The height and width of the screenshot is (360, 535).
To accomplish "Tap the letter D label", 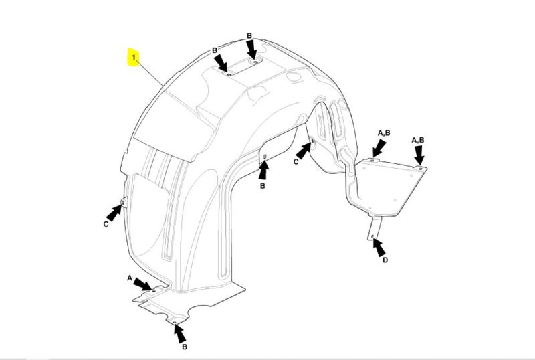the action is coord(385,260).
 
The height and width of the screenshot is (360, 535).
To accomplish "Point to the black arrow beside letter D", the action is coord(379,248).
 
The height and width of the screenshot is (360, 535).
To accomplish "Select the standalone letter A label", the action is coord(130,278).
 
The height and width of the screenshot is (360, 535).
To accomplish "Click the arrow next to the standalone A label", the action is coord(143,284).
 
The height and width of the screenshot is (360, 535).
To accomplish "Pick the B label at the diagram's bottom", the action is coord(185,347).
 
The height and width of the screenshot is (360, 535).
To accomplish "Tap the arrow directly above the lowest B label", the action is coord(180,333).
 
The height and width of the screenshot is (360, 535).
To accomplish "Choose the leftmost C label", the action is coord(106,224).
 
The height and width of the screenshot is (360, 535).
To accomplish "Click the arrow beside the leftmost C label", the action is coord(114,213).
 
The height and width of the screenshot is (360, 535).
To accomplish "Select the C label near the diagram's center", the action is coord(296,162).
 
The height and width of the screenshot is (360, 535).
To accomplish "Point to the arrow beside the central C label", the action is coord(304,151).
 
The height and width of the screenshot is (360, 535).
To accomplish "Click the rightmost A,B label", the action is coord(418,140).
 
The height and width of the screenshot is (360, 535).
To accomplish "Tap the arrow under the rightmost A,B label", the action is coord(419,155).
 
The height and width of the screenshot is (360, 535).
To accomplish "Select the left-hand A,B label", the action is coord(384,133).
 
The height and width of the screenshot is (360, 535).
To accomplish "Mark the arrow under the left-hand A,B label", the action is coord(379,149).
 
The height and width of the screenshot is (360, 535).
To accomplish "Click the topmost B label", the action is coord(249,36).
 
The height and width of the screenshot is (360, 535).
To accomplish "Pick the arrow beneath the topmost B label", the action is coord(252,50).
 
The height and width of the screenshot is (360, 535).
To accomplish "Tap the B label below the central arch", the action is coord(262,186).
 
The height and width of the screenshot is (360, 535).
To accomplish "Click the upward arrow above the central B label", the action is coord(263,170).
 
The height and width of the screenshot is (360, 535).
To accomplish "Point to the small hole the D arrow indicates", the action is coord(372,236).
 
